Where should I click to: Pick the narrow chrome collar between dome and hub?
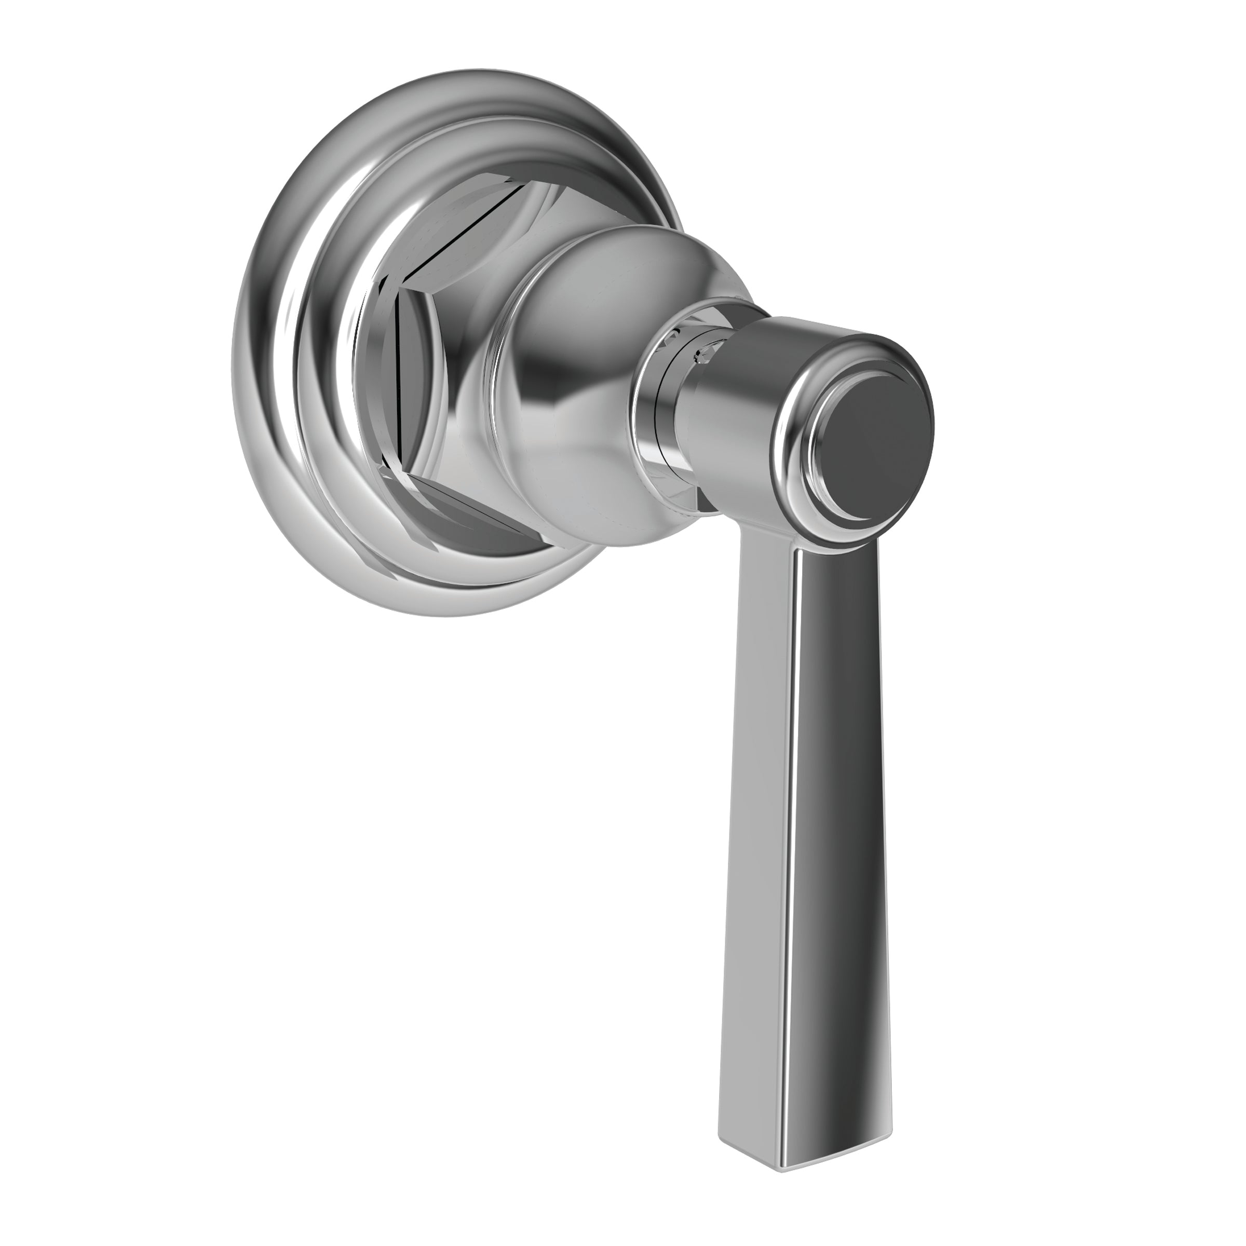tap(658, 413)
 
